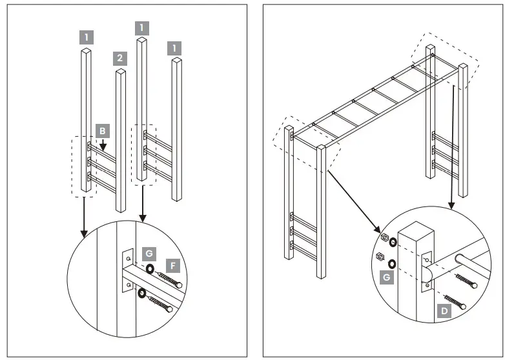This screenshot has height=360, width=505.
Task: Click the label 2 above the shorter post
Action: (x=119, y=58)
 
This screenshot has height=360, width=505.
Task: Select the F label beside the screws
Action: (x=172, y=265)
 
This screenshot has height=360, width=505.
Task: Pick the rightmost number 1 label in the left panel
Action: (x=174, y=48)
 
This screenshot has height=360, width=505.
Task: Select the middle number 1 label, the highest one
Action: (x=142, y=27)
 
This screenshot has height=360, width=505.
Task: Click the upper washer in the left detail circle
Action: (x=149, y=270)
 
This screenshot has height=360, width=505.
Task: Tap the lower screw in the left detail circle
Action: (x=161, y=303)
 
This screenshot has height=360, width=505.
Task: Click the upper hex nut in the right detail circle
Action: (x=383, y=237)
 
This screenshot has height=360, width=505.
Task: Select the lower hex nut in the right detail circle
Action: (x=380, y=257)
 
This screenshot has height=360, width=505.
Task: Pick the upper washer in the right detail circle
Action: (x=393, y=243)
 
